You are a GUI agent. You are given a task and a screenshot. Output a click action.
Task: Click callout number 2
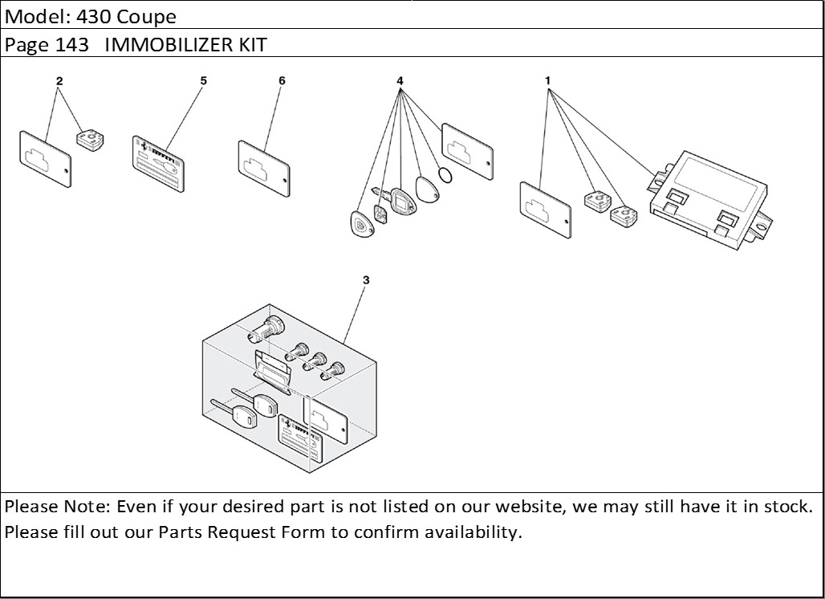tap(59, 81)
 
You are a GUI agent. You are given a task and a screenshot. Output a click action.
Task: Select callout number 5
tap(204, 81)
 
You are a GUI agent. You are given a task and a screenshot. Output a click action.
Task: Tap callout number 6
tap(282, 81)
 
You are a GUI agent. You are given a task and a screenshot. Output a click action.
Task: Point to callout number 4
tap(400, 81)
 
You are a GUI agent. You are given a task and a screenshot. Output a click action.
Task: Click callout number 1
tap(547, 81)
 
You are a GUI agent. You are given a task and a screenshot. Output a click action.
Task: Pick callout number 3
tap(366, 280)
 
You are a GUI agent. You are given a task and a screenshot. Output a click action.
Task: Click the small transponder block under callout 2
tap(89, 140)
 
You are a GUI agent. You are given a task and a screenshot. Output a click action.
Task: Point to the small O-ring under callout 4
tap(447, 174)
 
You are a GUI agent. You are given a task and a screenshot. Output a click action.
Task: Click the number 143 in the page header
tap(72, 45)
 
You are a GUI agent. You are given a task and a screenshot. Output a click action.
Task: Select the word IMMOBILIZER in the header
tap(168, 45)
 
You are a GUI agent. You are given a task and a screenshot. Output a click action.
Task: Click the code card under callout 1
tap(546, 210)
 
